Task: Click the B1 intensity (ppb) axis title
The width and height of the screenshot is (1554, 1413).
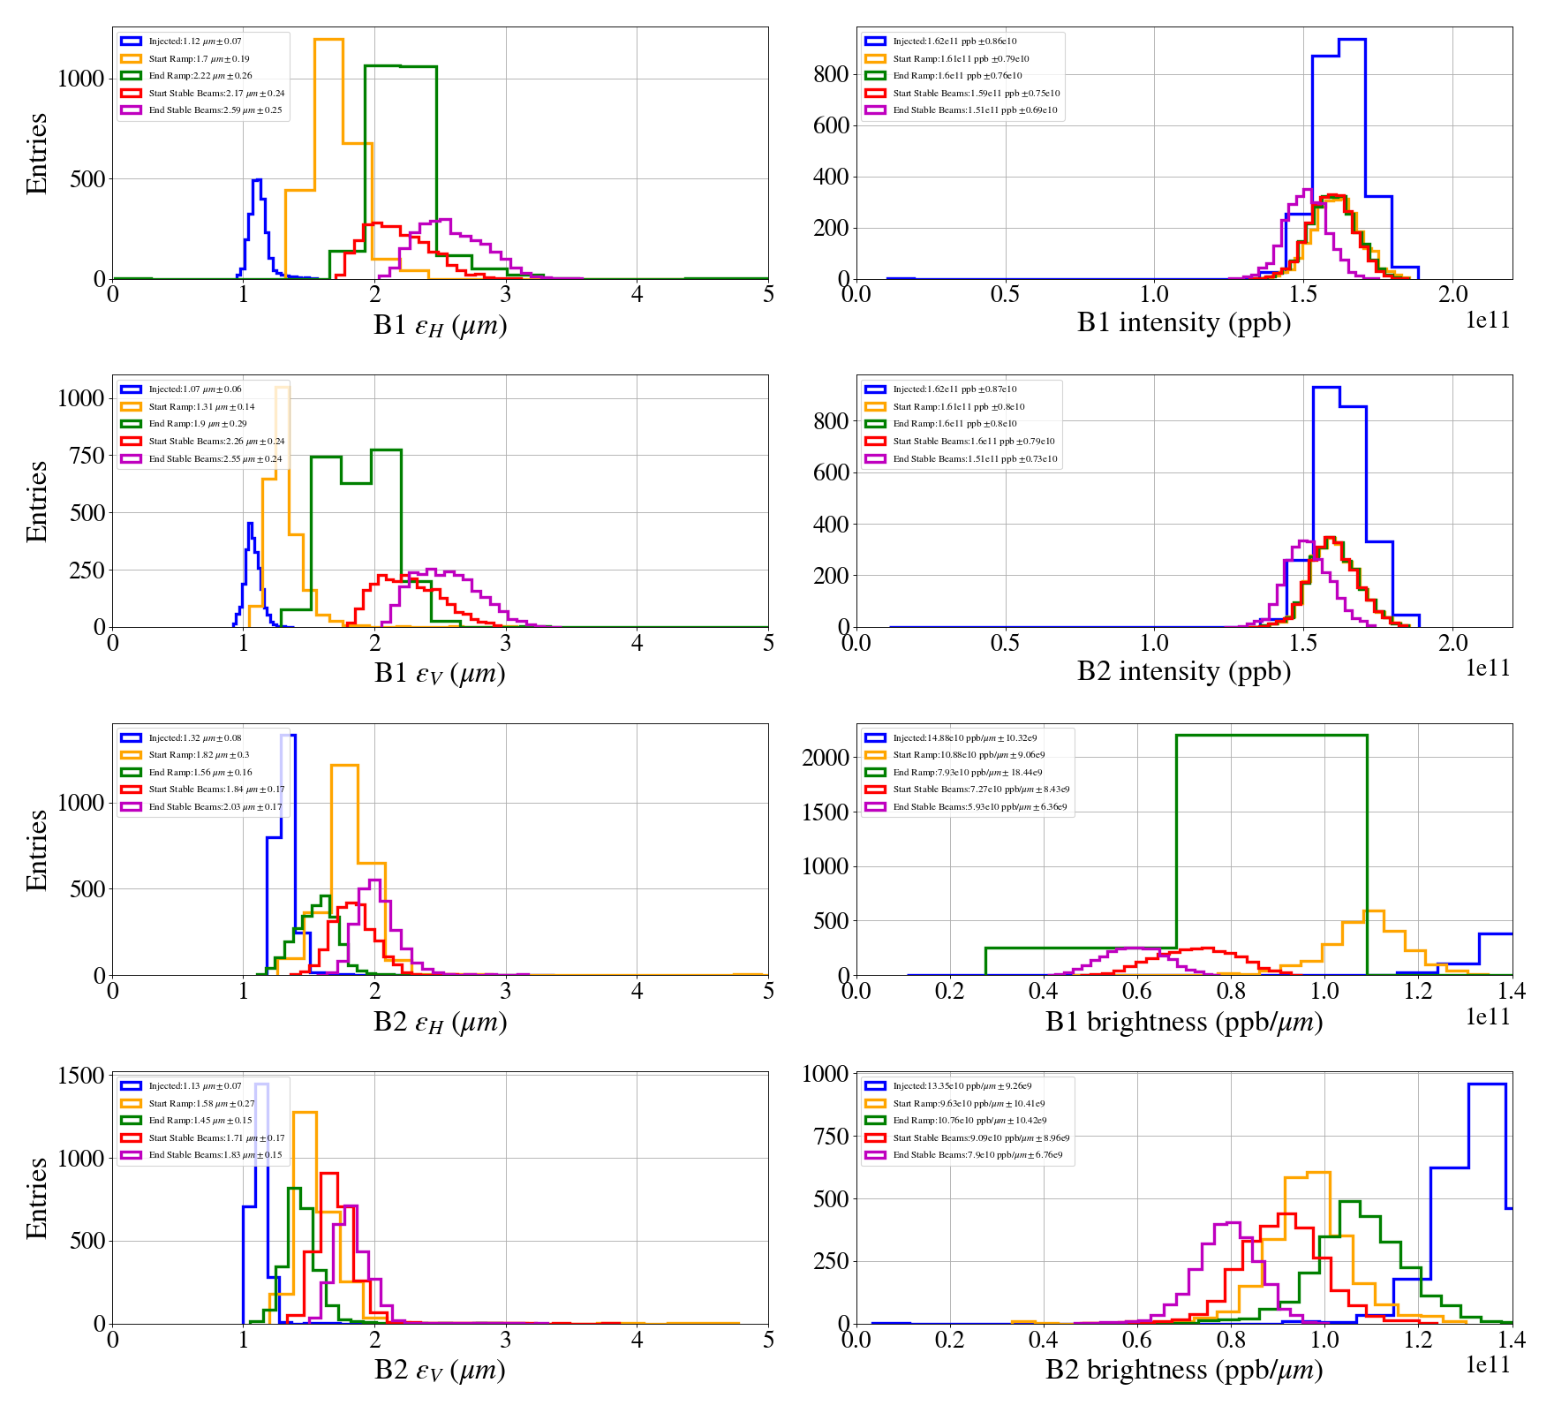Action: pyautogui.click(x=1183, y=323)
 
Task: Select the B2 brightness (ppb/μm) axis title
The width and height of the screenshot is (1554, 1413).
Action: pyautogui.click(x=1183, y=1370)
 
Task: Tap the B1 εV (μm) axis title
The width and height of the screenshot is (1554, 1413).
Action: pyautogui.click(x=440, y=673)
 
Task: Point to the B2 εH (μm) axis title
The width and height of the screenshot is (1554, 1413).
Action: pyautogui.click(x=440, y=1022)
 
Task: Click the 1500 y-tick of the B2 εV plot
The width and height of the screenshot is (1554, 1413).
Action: pyautogui.click(x=81, y=1076)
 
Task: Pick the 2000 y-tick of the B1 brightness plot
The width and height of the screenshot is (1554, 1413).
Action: pyautogui.click(x=825, y=758)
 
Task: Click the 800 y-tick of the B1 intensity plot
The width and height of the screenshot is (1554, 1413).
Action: pyautogui.click(x=831, y=74)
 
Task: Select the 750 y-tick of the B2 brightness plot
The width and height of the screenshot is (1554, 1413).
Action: pyautogui.click(x=831, y=1137)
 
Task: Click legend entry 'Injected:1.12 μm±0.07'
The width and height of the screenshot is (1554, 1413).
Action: pyautogui.click(x=194, y=42)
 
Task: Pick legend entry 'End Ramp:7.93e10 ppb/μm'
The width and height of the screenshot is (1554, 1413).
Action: pyautogui.click(x=966, y=772)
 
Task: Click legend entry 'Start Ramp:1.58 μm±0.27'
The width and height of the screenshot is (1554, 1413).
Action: pyautogui.click(x=201, y=1103)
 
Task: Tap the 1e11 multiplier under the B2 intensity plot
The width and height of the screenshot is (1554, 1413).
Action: pyautogui.click(x=1488, y=669)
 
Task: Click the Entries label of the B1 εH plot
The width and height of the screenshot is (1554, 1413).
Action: pyautogui.click(x=37, y=153)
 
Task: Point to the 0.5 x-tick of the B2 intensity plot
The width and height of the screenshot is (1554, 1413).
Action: pyautogui.click(x=1005, y=643)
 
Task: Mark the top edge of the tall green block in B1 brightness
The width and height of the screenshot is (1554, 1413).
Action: pyautogui.click(x=1271, y=736)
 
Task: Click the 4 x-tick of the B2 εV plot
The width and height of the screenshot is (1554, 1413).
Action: pyautogui.click(x=637, y=1340)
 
